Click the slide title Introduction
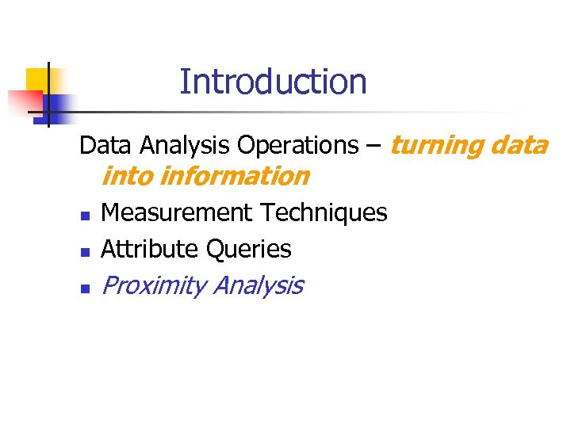(273, 82)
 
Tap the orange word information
(234, 176)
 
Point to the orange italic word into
(128, 176)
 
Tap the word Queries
(248, 249)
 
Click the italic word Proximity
(154, 285)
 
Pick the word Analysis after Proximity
(258, 285)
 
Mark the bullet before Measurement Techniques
(84, 215)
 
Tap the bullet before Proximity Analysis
(84, 289)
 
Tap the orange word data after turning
(519, 146)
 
